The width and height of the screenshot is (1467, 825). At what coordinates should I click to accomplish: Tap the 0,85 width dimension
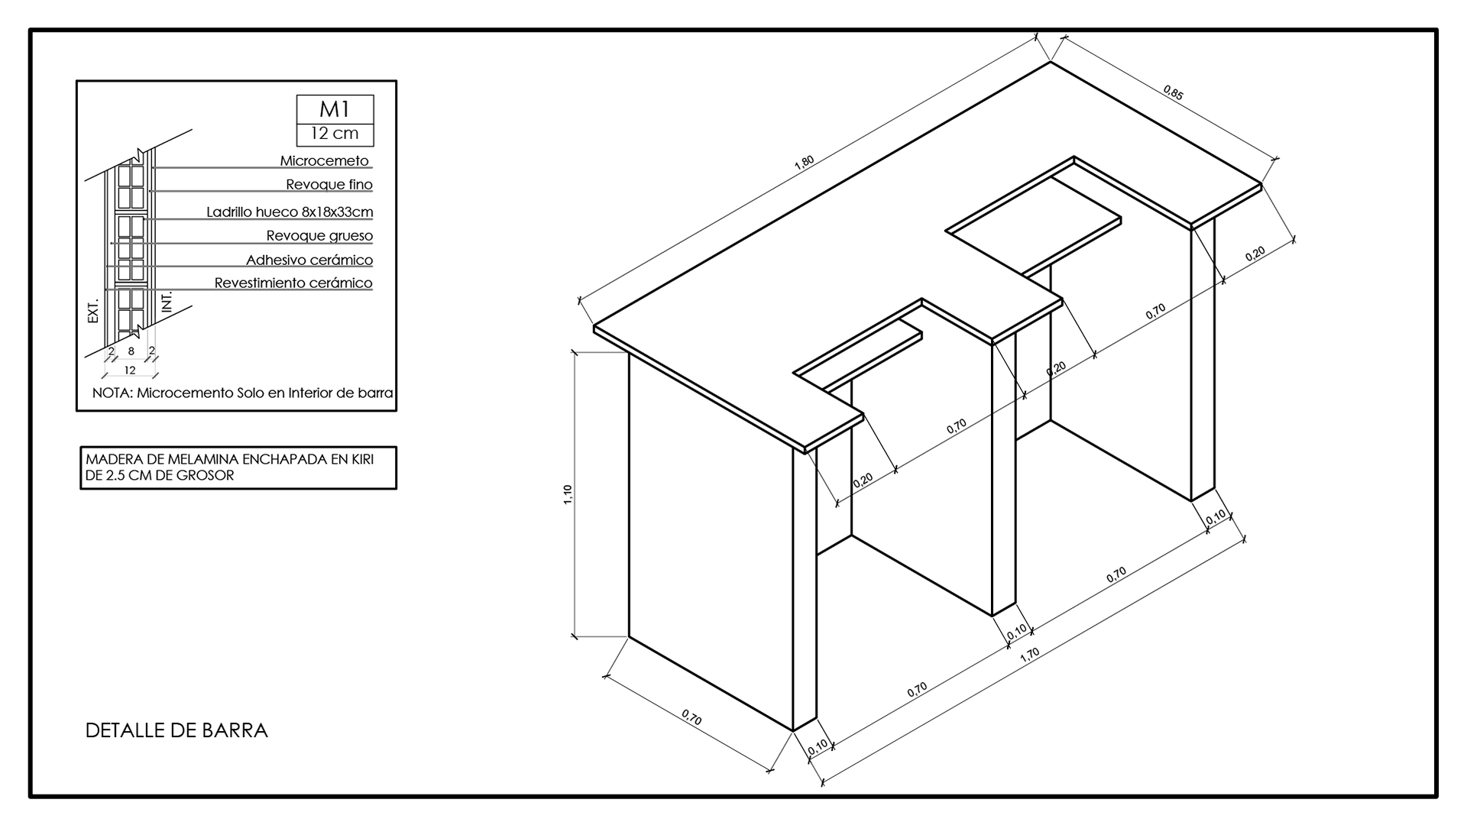click(1174, 93)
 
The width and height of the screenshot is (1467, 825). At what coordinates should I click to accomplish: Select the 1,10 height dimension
click(568, 494)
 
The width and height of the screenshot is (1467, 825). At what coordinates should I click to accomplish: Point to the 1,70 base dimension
click(1030, 655)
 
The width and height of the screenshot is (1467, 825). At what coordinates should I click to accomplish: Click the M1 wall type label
click(335, 109)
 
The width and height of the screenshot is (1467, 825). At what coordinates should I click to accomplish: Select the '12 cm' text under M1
click(335, 133)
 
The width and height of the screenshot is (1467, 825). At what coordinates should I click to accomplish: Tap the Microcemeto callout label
click(325, 161)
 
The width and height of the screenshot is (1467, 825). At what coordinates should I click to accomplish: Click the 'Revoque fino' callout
click(329, 185)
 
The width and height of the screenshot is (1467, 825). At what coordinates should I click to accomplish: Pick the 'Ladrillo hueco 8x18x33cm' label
click(290, 212)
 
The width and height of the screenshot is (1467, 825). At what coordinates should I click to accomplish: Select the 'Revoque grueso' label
click(319, 236)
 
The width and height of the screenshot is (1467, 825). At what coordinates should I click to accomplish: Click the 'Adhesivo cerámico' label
click(309, 260)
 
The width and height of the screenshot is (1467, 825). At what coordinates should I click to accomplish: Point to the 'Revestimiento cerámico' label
click(293, 283)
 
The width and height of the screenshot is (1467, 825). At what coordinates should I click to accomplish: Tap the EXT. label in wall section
click(94, 310)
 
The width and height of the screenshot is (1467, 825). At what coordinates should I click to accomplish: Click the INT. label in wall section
click(167, 301)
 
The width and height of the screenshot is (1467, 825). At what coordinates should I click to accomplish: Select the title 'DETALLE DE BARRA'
click(176, 730)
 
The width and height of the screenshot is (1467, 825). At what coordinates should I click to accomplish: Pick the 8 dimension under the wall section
click(131, 351)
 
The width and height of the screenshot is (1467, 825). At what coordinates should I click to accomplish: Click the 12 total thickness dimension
click(130, 370)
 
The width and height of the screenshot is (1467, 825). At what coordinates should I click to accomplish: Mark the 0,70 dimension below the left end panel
click(691, 717)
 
